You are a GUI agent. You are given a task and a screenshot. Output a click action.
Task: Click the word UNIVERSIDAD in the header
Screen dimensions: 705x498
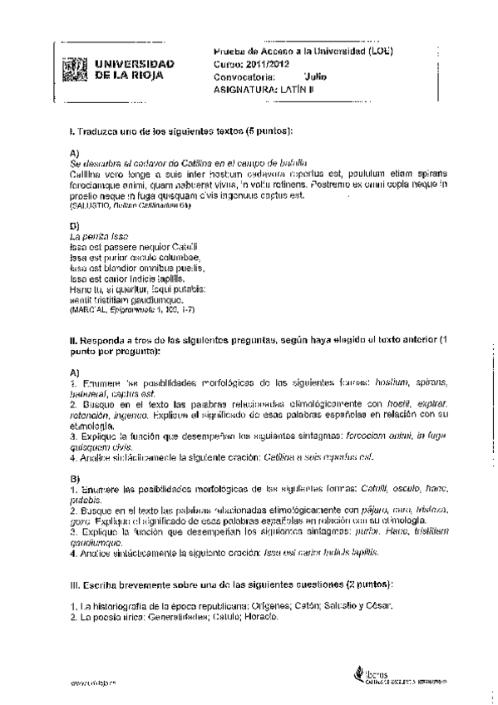(131, 63)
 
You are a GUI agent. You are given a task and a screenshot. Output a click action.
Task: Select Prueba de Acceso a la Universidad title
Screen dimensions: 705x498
(303, 51)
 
